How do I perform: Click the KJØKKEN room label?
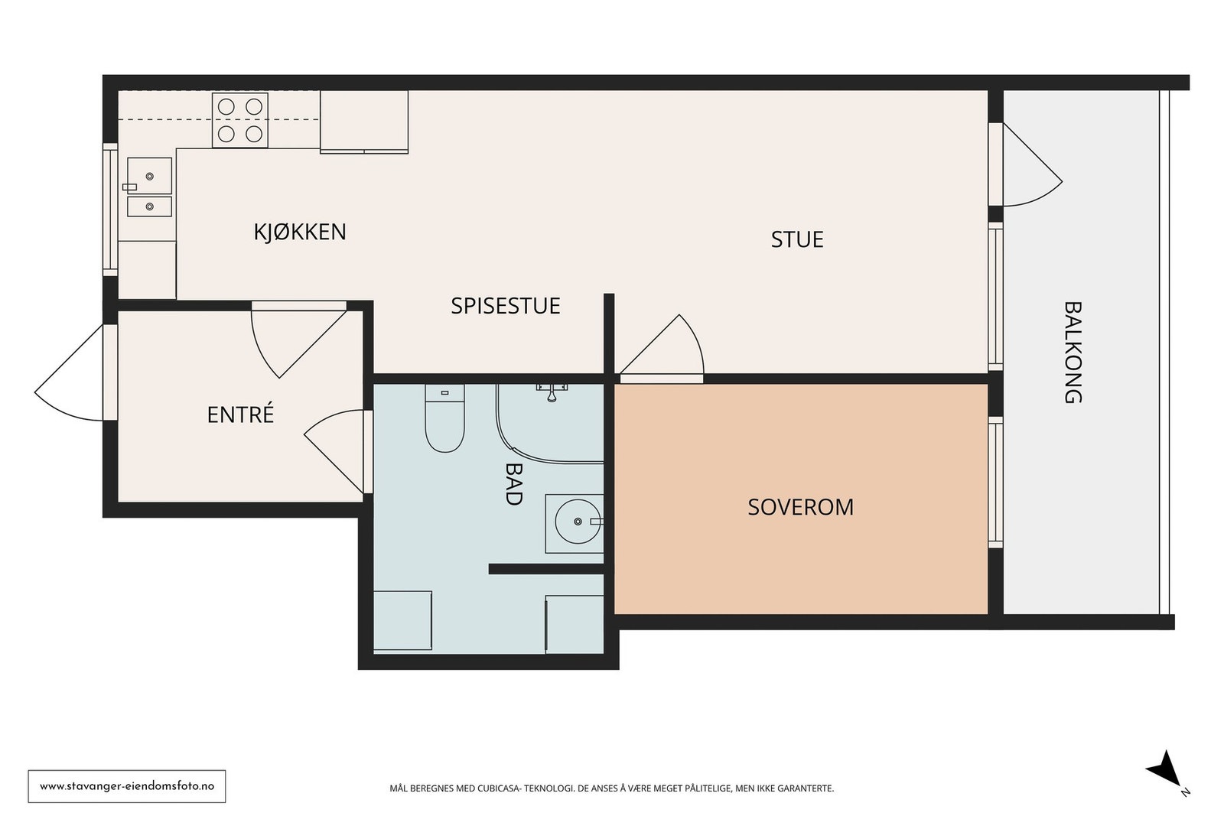[300, 232]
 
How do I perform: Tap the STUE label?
[796, 240]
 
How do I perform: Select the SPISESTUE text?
[506, 306]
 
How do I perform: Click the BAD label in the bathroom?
[513, 484]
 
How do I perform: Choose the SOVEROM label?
[800, 507]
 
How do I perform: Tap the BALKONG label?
[1073, 353]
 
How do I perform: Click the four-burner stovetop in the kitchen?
[240, 120]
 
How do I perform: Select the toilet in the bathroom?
[444, 418]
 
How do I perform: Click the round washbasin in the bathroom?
[578, 522]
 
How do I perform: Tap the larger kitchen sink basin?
[149, 176]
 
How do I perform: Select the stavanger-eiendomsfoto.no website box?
[127, 786]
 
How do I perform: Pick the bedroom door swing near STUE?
[662, 346]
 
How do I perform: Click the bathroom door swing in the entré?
[334, 451]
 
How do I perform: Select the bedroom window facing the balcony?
[995, 483]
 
